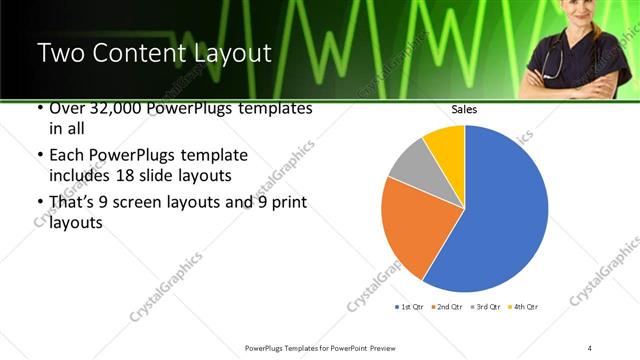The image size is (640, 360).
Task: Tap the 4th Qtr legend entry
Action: (524, 306)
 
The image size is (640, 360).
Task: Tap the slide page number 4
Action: (590, 347)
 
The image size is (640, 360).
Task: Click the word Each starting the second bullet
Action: (67, 156)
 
